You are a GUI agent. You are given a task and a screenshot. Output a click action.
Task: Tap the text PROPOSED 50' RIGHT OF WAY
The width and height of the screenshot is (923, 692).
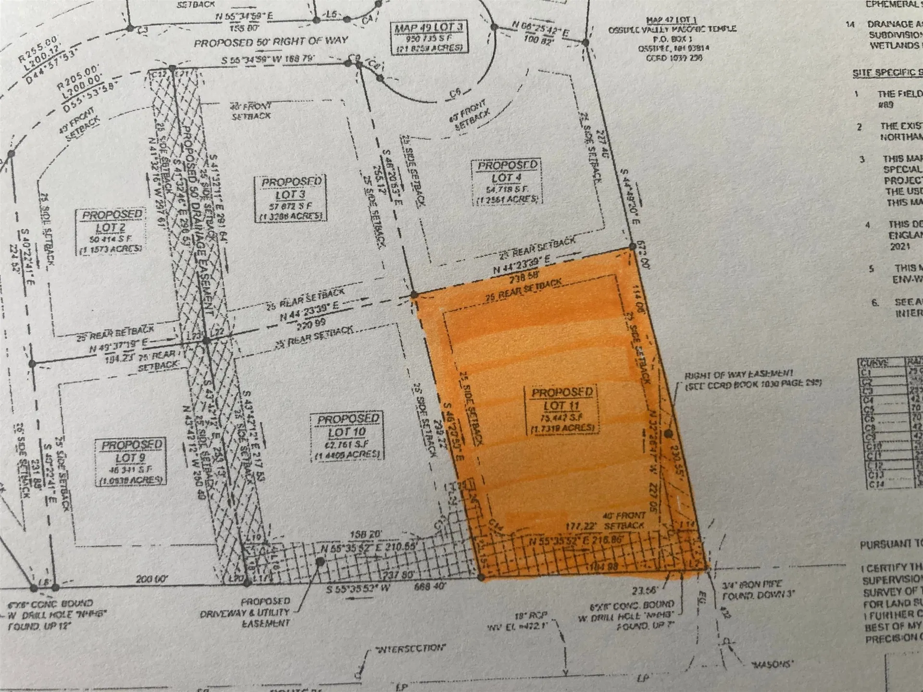click(271, 42)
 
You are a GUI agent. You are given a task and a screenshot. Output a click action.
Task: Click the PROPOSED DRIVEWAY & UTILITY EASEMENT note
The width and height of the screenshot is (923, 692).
click(265, 612)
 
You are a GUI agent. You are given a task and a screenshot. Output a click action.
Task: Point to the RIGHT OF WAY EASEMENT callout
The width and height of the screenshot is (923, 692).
click(753, 378)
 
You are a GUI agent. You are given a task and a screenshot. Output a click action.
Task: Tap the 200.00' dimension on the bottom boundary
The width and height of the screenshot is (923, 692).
click(151, 579)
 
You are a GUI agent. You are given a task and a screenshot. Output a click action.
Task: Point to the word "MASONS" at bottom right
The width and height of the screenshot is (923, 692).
click(772, 664)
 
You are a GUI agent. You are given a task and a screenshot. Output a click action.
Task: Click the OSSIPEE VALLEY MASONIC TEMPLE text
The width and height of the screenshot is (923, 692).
click(672, 29)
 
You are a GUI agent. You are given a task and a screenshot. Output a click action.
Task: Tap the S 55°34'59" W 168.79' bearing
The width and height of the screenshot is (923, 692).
click(268, 60)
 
